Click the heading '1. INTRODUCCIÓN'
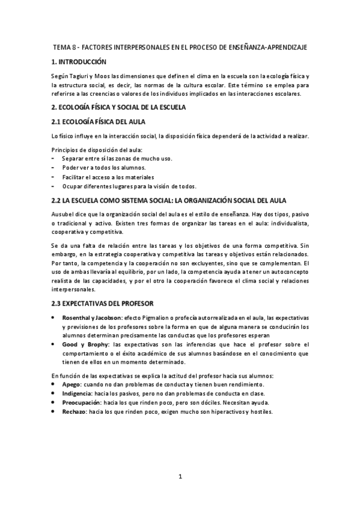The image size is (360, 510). tap(79, 62)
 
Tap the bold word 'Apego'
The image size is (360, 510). tap(72, 384)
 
